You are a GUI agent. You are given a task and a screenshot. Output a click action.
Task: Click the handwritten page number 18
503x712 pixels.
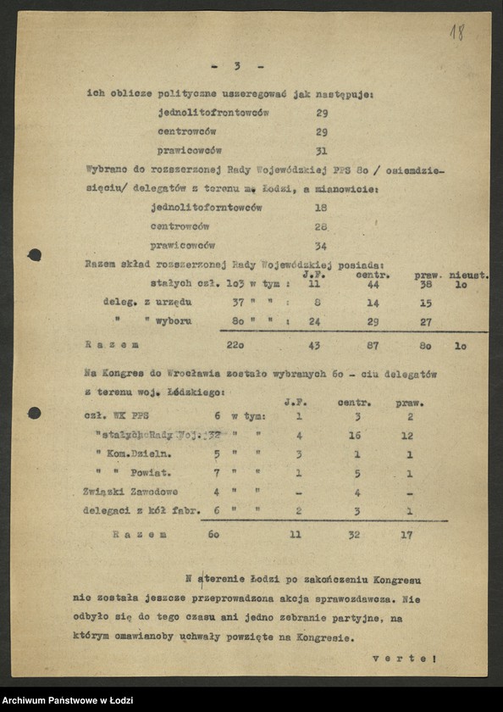tap(456, 32)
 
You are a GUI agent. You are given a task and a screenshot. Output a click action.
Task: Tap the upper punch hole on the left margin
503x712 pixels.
tap(34, 254)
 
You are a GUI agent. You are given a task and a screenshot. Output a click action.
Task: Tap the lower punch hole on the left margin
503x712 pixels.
tap(34, 413)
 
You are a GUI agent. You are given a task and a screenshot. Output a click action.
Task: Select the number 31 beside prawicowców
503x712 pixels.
tap(321, 152)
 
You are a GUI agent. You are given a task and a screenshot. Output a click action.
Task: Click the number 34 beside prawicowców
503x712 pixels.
tap(321, 246)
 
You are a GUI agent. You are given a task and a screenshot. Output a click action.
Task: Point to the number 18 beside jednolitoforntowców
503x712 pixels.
tap(321, 208)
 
